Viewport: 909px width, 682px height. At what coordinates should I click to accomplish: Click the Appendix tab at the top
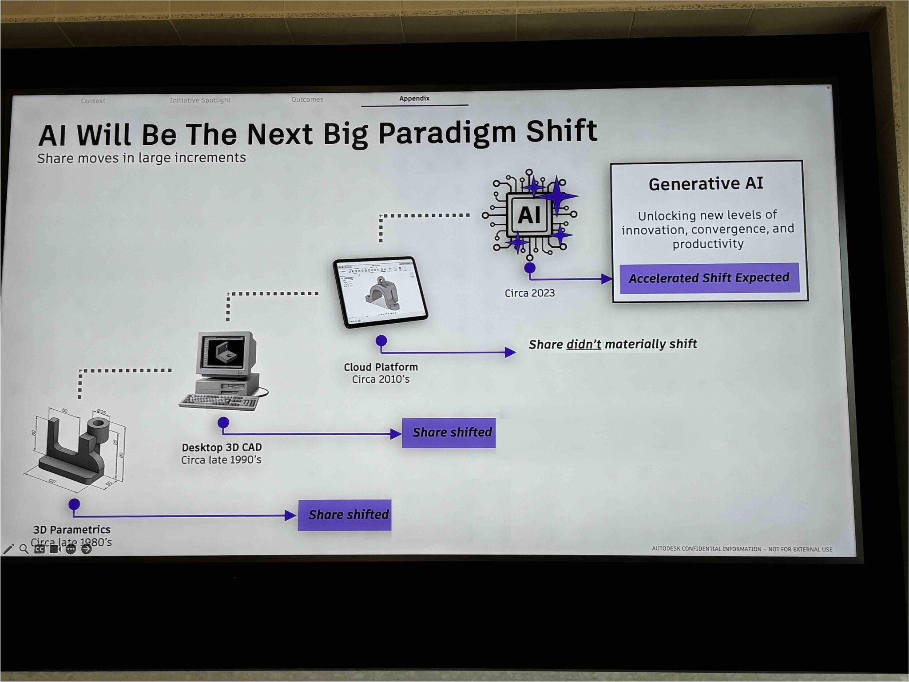point(414,99)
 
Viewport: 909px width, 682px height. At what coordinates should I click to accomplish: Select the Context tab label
point(93,101)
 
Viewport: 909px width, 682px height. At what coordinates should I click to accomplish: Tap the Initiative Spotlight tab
point(200,100)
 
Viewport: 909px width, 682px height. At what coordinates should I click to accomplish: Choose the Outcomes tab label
point(307,99)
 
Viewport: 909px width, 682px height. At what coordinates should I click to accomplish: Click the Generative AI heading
point(706,183)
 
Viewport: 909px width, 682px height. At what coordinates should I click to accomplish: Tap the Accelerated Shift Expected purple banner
point(709,278)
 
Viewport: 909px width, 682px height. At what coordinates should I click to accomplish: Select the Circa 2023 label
point(529,293)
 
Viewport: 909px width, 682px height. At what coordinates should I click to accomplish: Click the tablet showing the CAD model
point(380,292)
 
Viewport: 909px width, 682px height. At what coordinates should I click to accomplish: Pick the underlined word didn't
point(584,345)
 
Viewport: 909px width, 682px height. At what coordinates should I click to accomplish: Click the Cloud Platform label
point(381,367)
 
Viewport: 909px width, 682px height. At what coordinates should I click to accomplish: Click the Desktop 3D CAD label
point(222,447)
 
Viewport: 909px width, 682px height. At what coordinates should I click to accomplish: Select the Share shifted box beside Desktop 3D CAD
point(449,432)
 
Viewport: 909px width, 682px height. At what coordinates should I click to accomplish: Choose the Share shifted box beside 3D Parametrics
point(345,515)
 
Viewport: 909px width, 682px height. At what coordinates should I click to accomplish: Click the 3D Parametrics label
point(72,529)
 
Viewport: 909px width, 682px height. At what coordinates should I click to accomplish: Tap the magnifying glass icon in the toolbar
point(24,549)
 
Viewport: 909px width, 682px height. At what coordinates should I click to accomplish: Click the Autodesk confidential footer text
point(742,549)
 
